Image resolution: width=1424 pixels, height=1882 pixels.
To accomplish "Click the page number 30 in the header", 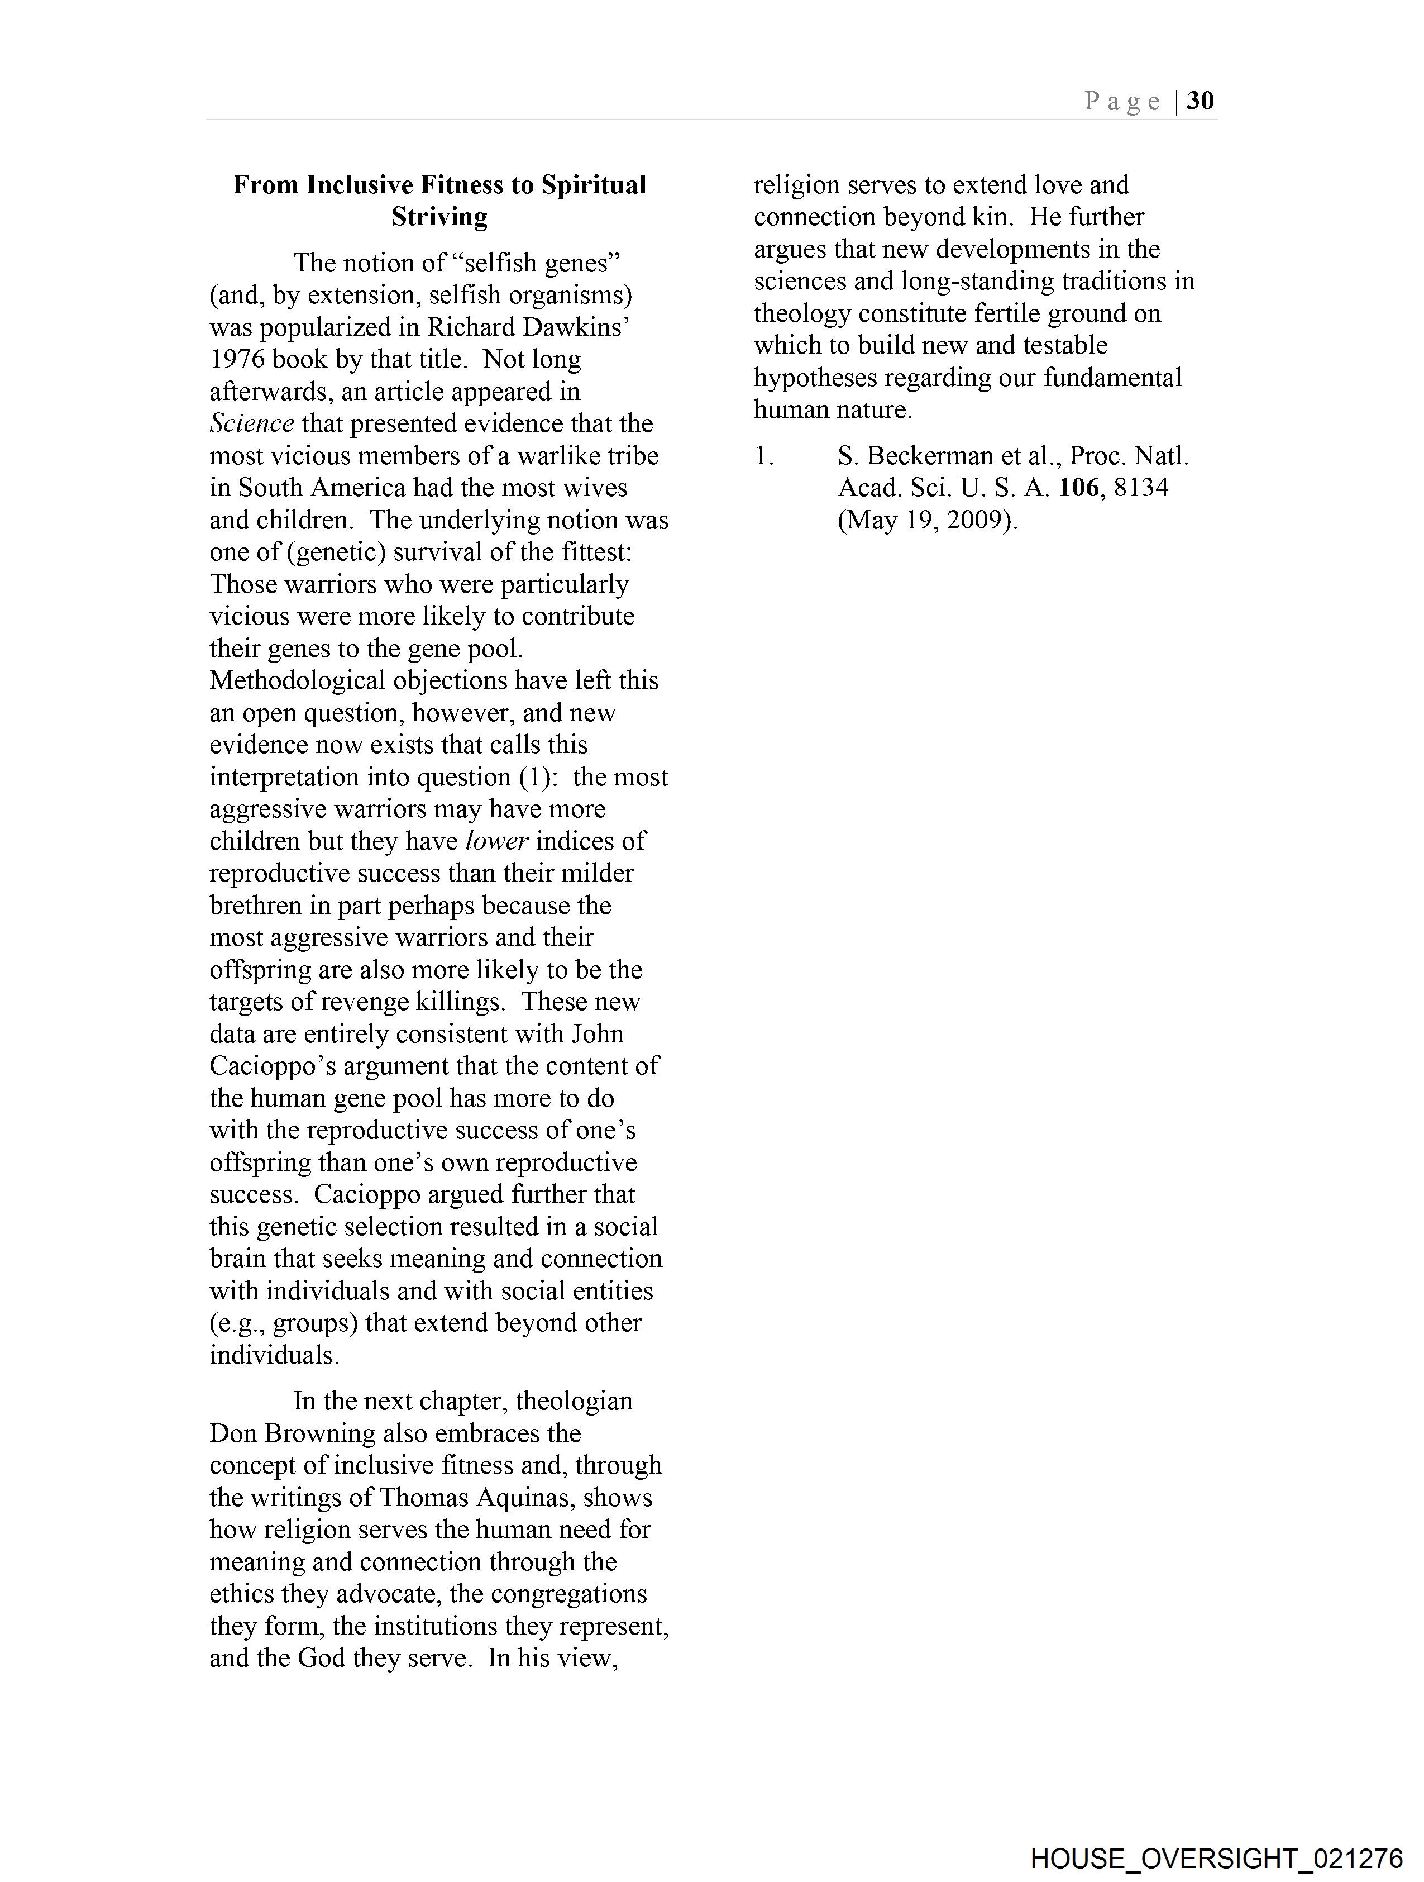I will [x=1200, y=101].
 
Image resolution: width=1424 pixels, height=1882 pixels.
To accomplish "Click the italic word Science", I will [x=252, y=423].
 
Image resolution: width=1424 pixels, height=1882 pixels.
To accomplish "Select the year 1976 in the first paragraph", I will [x=239, y=359].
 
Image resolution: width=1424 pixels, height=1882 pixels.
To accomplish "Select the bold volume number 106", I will [x=1079, y=488].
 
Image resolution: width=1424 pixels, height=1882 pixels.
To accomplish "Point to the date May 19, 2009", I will [x=927, y=521].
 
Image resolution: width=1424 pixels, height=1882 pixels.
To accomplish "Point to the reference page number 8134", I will [x=1141, y=488].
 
